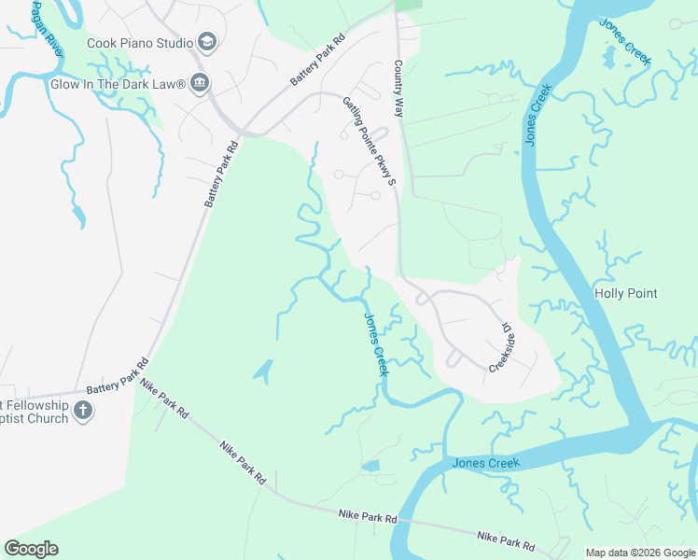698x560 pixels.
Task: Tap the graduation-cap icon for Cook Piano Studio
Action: tap(206, 43)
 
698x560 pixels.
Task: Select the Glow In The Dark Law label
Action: tap(118, 84)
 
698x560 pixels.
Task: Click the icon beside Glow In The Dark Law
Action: tap(200, 84)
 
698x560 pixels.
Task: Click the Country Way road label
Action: tap(398, 89)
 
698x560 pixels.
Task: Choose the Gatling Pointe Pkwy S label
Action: tap(370, 140)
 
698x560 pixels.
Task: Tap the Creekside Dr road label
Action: tap(503, 348)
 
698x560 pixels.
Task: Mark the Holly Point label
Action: tap(626, 293)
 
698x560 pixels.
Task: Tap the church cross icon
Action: tap(83, 411)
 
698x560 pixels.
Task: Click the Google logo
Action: tap(32, 549)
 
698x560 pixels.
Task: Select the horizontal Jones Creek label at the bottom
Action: tap(484, 463)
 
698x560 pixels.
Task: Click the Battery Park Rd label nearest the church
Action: tap(117, 376)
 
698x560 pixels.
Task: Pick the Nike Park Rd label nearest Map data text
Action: tap(506, 540)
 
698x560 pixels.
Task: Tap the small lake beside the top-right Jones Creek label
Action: tap(609, 59)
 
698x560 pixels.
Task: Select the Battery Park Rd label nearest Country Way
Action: tap(318, 62)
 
